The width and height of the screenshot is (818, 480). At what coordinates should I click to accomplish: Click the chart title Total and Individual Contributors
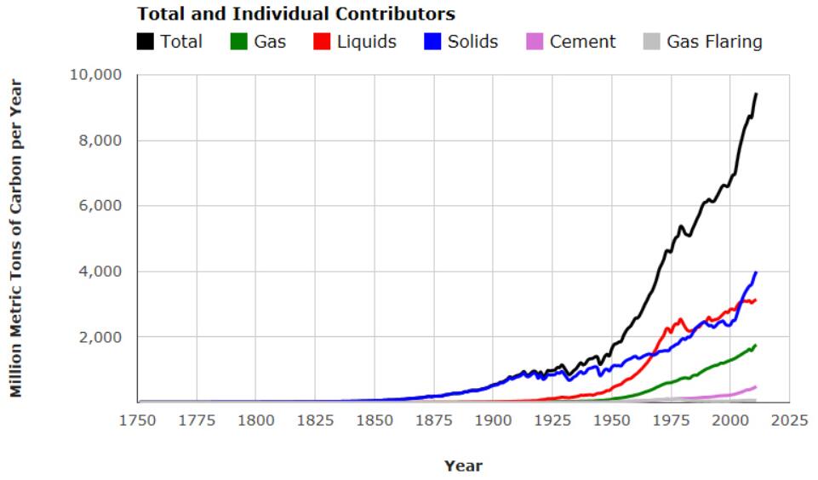coord(296,14)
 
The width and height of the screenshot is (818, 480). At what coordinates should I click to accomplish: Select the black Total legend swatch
coord(146,41)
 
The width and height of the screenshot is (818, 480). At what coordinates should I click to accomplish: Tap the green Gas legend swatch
coord(239,41)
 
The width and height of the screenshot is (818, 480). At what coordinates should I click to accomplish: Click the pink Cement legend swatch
coord(535,41)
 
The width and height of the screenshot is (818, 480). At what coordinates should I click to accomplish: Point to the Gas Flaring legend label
coord(714,41)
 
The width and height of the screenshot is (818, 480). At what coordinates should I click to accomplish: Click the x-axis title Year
coord(463,466)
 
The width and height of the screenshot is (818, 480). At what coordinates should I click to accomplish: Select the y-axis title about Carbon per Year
coord(16,238)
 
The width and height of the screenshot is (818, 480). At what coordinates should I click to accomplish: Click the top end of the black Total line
coord(756,94)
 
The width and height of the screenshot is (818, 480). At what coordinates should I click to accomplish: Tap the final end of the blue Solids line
coord(756,272)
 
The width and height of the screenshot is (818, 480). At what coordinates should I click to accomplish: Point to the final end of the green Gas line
coord(756,345)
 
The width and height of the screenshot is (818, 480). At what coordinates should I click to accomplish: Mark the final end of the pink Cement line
coord(756,386)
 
